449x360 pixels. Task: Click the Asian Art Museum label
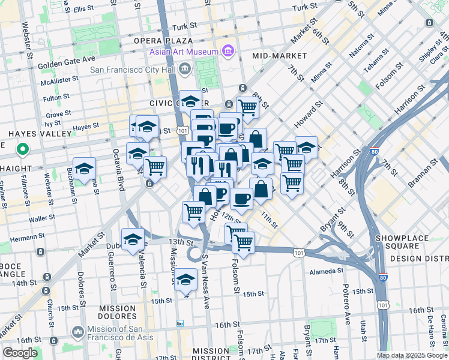click(184, 52)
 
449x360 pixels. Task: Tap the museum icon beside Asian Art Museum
click(228, 52)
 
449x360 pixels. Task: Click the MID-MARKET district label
click(279, 56)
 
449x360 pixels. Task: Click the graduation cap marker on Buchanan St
click(84, 168)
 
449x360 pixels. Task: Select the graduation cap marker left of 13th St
click(133, 239)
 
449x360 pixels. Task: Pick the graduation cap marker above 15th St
click(186, 280)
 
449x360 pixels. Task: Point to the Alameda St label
click(326, 272)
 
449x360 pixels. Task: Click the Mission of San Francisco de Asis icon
click(77, 332)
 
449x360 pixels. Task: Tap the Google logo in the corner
click(20, 353)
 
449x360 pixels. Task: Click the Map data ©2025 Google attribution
click(412, 355)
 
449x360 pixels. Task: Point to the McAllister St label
click(59, 79)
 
